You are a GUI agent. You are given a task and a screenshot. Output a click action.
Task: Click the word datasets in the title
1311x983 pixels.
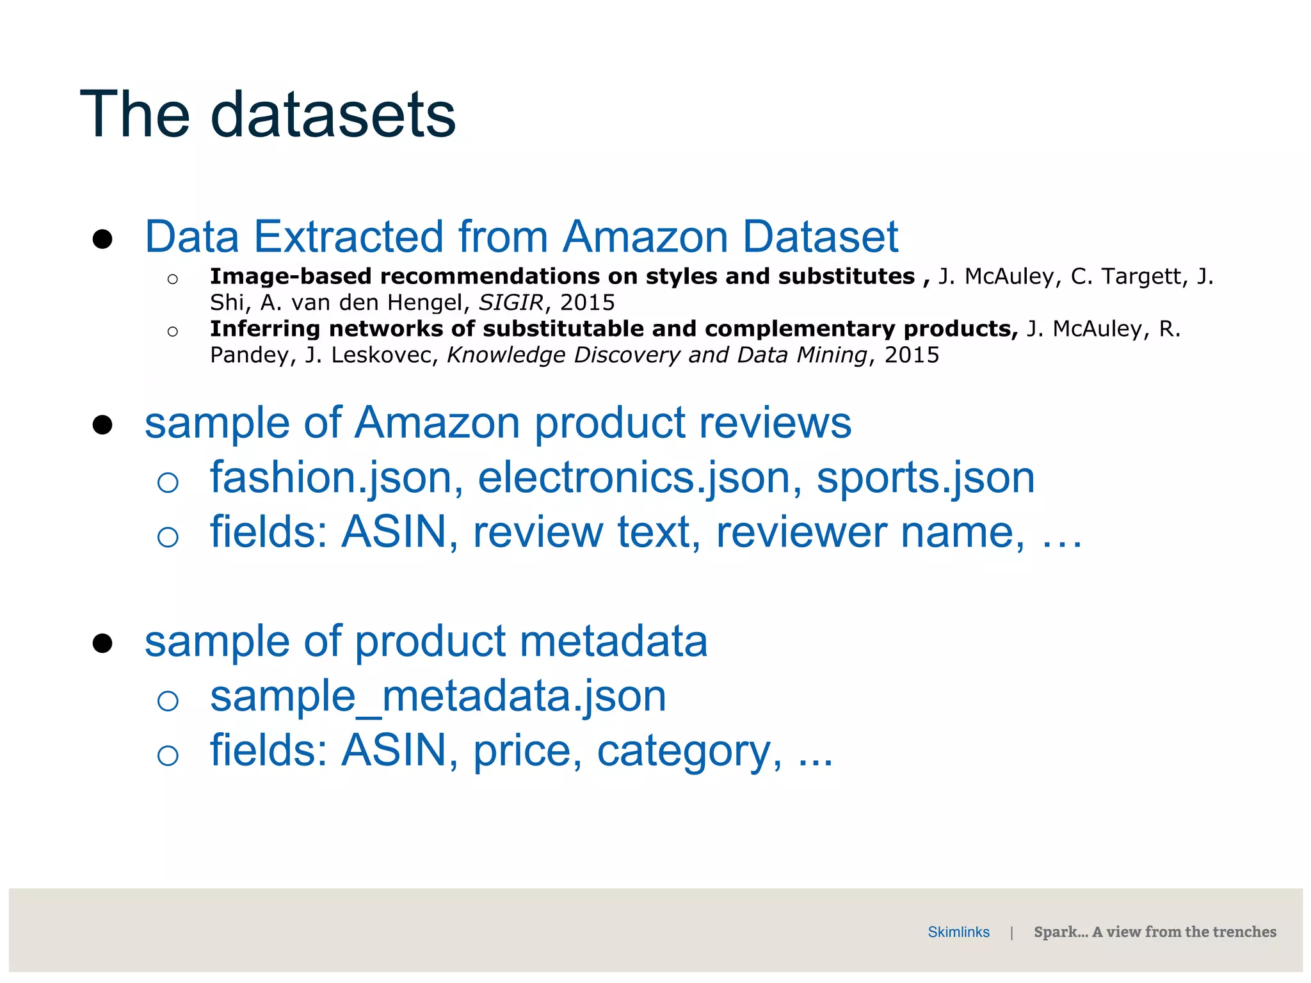click(x=333, y=115)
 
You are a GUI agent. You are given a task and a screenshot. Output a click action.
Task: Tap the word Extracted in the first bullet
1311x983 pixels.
click(x=349, y=237)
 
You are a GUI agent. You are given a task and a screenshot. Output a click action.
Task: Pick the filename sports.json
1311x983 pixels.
click(x=925, y=478)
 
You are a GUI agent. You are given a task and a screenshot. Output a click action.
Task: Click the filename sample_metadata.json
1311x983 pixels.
click(x=438, y=696)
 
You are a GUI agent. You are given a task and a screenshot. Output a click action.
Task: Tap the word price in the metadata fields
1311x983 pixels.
click(x=527, y=751)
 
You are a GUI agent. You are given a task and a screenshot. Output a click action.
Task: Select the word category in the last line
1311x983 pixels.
click(x=689, y=751)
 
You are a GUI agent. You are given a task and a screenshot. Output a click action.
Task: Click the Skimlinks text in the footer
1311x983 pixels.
click(x=958, y=932)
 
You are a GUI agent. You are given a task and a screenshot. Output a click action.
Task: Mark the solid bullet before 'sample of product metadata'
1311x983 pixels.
click(x=102, y=643)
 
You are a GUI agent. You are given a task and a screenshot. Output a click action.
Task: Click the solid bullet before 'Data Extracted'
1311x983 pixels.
click(x=102, y=239)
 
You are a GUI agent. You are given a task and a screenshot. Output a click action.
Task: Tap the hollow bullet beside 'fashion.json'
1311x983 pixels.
click(x=168, y=482)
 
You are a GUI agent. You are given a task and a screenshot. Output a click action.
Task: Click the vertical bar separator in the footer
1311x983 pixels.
click(x=1011, y=932)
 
